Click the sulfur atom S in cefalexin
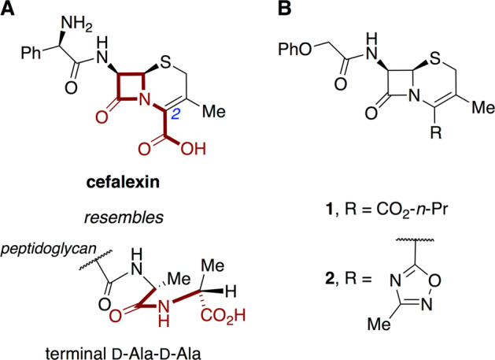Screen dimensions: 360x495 click(183, 60)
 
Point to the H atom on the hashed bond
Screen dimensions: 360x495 click(234, 285)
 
